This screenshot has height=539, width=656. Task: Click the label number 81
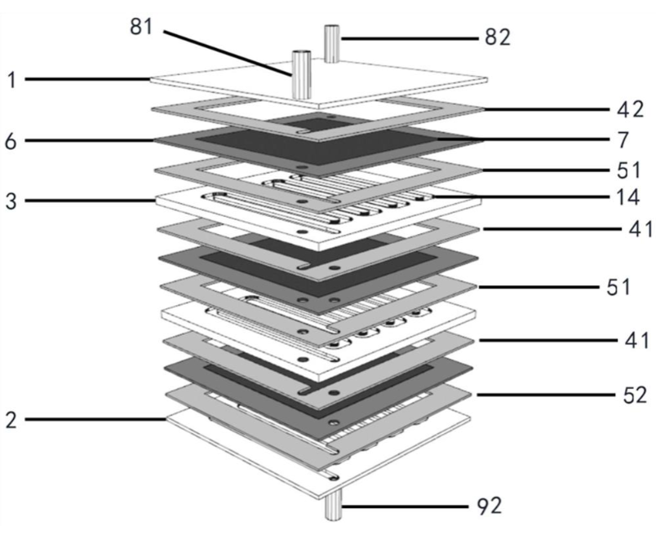pos(141,27)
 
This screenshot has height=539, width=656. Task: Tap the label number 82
pos(498,38)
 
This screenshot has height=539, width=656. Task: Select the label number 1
pos(12,79)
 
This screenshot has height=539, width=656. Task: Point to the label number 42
pos(630,109)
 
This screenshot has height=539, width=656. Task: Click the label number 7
pos(623,139)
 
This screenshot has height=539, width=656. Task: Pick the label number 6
pos(11,141)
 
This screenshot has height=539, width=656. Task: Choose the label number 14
pos(628,197)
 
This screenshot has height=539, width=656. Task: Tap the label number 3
pos(11,201)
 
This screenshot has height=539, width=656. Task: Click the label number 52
pos(635,395)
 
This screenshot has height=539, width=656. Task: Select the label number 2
pos(11,419)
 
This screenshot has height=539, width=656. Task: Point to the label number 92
pos(490,506)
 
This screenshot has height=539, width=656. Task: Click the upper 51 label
pos(629,170)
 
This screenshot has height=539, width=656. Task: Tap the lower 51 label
pos(618,287)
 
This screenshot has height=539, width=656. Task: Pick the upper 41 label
pos(640,229)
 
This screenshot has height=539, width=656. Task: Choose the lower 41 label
pos(636,341)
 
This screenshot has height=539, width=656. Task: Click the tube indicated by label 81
pos(301,75)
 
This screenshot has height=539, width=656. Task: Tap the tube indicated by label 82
pos(332,44)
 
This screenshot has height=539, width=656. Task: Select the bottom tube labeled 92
pos(334,505)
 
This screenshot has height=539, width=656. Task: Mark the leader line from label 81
pos(228,53)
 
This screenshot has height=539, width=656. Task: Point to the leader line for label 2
pos(95,419)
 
